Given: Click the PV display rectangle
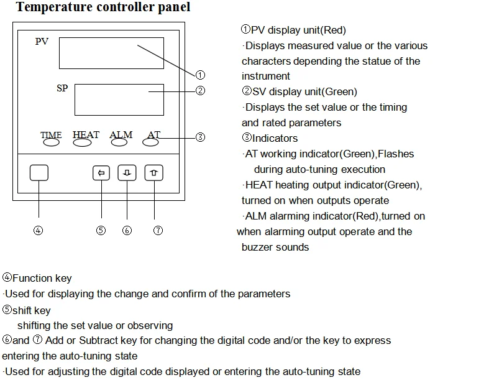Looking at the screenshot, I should point(111,53).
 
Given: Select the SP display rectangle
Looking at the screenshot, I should point(119,100).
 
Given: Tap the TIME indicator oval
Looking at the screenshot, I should point(51,142).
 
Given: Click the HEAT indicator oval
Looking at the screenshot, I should point(83,142).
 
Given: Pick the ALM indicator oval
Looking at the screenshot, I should point(120,142).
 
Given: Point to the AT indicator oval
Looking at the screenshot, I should point(151,142).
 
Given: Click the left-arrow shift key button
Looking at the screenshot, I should point(101,172).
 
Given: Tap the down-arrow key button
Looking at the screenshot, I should point(127,172).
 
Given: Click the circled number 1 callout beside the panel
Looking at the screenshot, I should point(200,75).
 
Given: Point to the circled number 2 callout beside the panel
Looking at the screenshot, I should point(200,90).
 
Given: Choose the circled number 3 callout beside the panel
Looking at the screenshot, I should point(200,137).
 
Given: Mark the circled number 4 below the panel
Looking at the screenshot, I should point(39,230).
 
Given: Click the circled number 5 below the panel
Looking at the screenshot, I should point(101,230).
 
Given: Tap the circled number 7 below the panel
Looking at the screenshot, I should point(158,230).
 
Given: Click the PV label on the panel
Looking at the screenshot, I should point(42,42).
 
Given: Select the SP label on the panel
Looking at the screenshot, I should point(62,88).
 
